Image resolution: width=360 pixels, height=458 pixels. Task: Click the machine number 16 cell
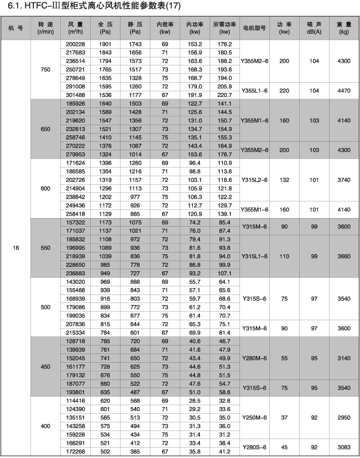16,247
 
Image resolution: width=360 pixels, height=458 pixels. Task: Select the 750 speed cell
45,69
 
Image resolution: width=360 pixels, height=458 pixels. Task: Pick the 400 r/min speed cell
45,425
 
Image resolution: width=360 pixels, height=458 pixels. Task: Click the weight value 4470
344,91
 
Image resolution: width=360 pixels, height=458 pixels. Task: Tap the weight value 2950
344,417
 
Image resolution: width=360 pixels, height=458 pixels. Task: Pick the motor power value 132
284,180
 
